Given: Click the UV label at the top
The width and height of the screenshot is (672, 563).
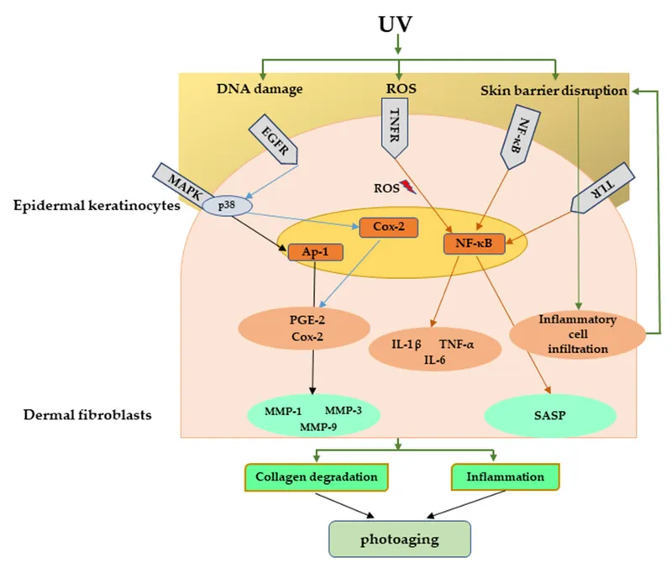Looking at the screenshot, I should (397, 23).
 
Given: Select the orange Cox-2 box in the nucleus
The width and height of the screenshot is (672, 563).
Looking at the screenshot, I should (388, 227).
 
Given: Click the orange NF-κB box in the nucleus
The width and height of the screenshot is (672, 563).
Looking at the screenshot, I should (474, 244).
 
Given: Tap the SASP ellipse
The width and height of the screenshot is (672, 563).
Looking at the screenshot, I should (550, 413).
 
